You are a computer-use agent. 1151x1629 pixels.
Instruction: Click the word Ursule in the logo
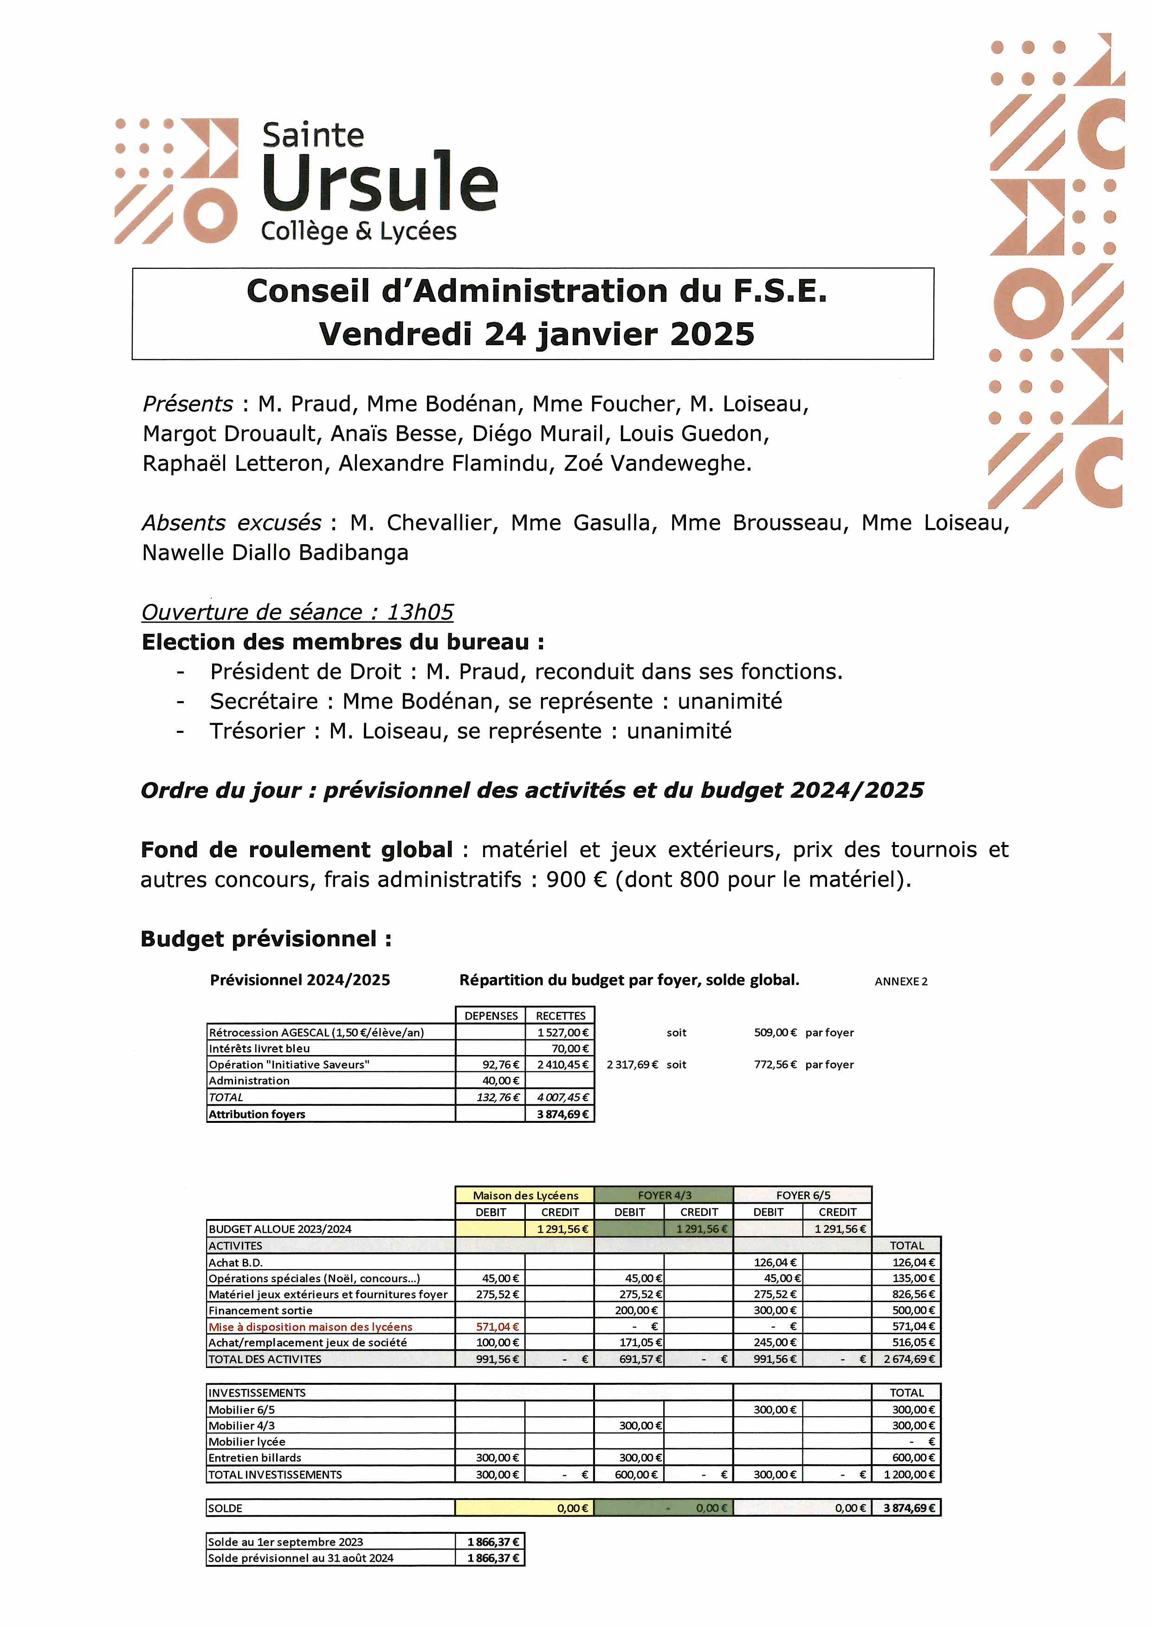point(379,182)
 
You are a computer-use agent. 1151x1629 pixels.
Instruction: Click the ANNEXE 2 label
point(901,981)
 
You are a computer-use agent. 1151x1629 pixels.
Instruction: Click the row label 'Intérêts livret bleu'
point(259,1049)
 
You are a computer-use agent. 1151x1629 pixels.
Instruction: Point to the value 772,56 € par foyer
point(775,1064)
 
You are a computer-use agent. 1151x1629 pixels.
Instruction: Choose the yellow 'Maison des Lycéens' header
point(525,1195)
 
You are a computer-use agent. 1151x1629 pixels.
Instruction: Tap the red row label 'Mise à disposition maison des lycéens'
point(310,1327)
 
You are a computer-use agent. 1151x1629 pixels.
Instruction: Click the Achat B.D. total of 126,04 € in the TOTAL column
point(913,1262)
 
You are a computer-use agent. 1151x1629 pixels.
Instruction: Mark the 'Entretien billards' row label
point(255,1457)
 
